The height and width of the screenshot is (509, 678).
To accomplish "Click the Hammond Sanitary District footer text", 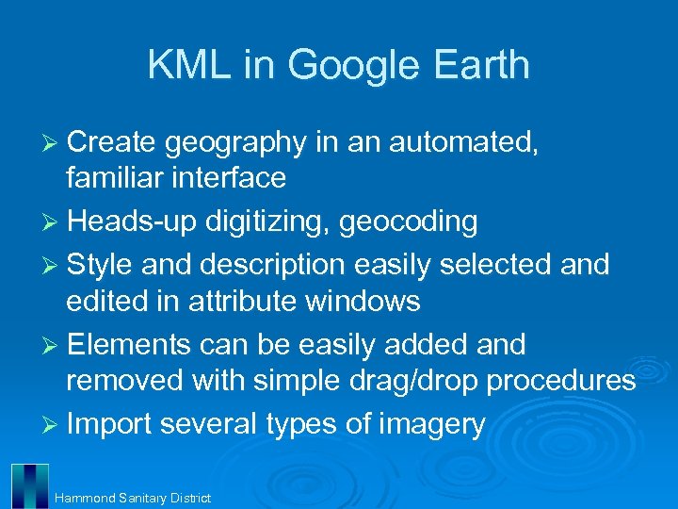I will pyautogui.click(x=132, y=497).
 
